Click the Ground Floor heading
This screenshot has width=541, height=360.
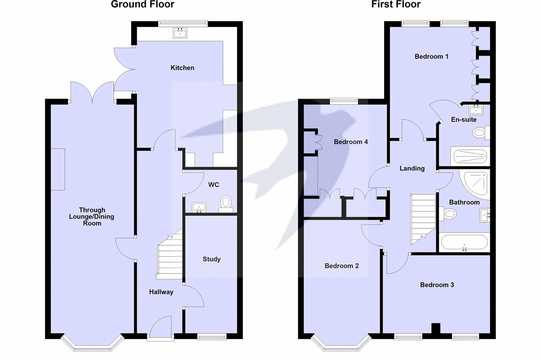click(143, 5)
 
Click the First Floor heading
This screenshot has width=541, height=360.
click(396, 5)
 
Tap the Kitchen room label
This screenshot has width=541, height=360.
click(182, 68)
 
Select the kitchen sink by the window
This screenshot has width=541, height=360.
click(180, 33)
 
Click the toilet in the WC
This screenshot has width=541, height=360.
click(226, 203)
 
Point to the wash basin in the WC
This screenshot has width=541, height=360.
click(199, 208)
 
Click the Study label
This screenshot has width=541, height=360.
click(211, 259)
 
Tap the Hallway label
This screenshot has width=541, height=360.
click(161, 292)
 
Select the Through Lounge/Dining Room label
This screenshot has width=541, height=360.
click(92, 217)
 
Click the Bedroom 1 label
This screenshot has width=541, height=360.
click(431, 56)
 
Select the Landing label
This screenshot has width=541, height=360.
click(412, 168)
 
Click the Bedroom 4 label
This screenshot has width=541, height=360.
click(350, 142)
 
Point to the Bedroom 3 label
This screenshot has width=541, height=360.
click(437, 285)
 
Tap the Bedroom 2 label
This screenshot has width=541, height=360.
click(342, 266)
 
